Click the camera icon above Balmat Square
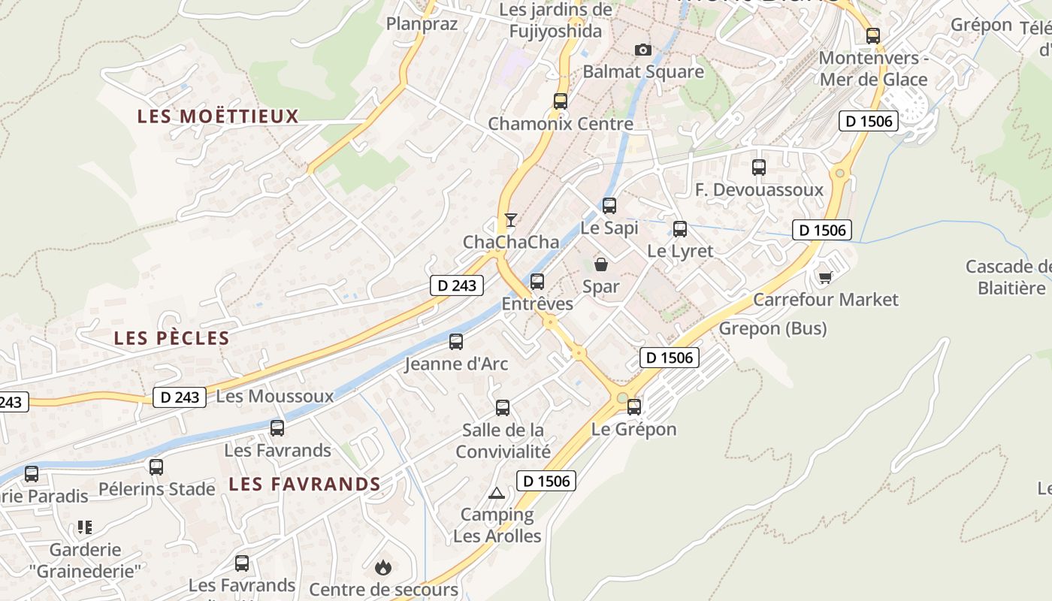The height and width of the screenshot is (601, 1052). pos(642,50)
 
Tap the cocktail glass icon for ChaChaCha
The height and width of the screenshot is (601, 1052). pos(511,219)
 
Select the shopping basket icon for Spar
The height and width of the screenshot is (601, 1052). pos(601,264)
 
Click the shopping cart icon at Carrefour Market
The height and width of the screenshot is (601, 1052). pos(825,277)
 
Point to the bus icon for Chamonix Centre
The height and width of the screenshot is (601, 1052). pos(560,101)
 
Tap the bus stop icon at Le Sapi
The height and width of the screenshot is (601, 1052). pos(609,205)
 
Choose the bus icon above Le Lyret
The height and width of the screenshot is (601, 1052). pos(680,228)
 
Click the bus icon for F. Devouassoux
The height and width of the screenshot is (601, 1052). pos(759,167)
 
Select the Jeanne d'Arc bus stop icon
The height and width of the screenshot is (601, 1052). pos(456,341)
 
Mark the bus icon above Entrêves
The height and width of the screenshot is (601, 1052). pos(537,281)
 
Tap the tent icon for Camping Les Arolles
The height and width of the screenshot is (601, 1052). pos(496,494)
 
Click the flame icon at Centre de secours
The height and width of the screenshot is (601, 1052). pos(383,566)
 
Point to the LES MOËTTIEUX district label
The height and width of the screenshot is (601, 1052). pos(218,116)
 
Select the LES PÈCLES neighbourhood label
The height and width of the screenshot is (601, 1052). pos(171,338)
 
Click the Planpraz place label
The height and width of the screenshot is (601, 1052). pos(422,24)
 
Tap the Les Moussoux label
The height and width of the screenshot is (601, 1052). pos(274,396)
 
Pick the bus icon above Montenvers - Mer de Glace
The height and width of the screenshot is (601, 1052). pos(872,35)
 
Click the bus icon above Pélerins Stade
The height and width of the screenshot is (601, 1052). pos(156,467)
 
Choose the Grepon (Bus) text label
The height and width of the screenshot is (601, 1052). pos(772,328)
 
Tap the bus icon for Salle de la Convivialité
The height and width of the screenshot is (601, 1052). pos(503,407)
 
